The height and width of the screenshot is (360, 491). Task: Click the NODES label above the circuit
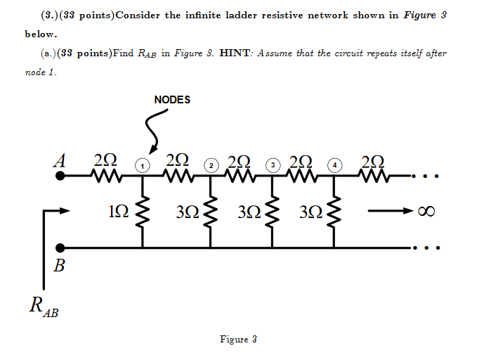(x=172, y=100)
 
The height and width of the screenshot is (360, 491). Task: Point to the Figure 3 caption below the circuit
(x=237, y=340)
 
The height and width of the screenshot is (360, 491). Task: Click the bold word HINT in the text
(x=237, y=53)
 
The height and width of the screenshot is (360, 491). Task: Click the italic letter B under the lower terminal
(x=59, y=266)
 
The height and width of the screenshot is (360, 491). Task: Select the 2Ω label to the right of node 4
(x=370, y=160)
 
